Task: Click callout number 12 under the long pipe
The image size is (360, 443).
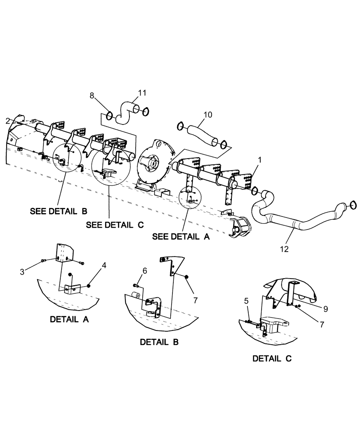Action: click(284, 249)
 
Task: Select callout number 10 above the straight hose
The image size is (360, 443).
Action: click(208, 115)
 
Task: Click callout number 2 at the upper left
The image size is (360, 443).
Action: click(8, 120)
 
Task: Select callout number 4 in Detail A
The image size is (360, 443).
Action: click(103, 265)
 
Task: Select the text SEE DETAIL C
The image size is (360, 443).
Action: click(115, 225)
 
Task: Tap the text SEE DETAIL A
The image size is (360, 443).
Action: click(180, 237)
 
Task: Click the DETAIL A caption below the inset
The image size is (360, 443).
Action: click(69, 319)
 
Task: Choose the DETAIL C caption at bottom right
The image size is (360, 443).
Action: click(272, 358)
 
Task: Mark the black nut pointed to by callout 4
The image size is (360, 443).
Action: click(89, 286)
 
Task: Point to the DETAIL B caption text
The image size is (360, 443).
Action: click(159, 342)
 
